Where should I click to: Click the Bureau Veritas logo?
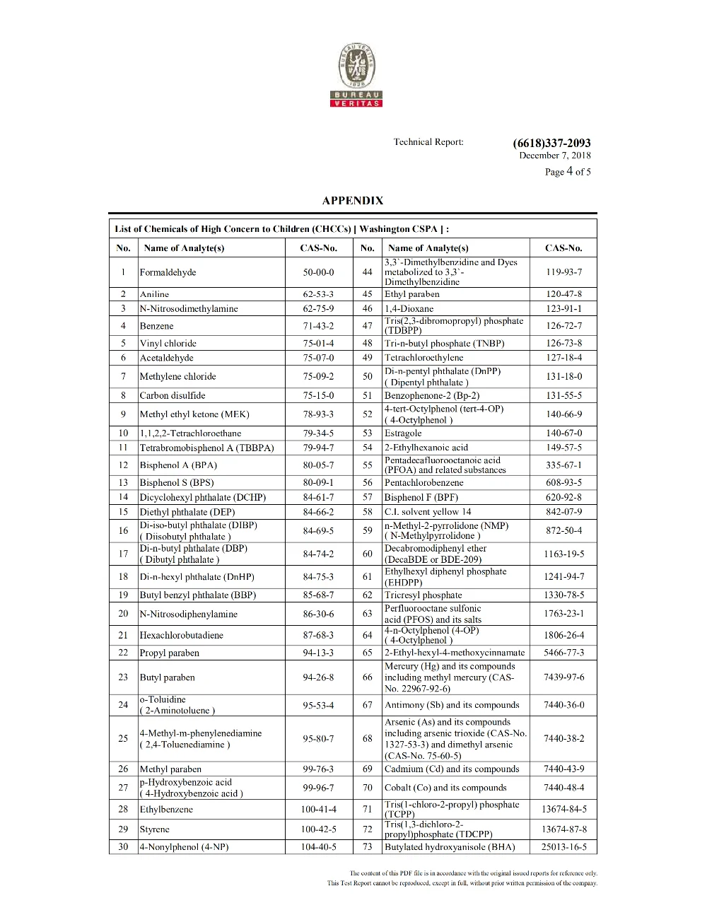pyautogui.click(x=356, y=75)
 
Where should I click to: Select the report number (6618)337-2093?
pyautogui.click(x=551, y=143)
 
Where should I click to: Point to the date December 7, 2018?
pyautogui.click(x=555, y=156)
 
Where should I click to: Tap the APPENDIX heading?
pyautogui.click(x=353, y=201)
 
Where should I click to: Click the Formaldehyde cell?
pyautogui.click(x=168, y=272)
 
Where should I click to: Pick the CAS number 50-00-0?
pyautogui.click(x=318, y=272)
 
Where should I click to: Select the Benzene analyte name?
pyautogui.click(x=157, y=326)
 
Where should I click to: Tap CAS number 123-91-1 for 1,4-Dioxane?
pyautogui.click(x=563, y=309)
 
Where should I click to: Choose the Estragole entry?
pyautogui.click(x=403, y=433)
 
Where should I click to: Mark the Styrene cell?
pyautogui.click(x=155, y=829)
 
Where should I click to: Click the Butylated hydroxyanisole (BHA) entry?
pyautogui.click(x=450, y=847)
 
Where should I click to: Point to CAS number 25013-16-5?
pyautogui.click(x=563, y=847)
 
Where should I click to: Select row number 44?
pyautogui.click(x=367, y=272)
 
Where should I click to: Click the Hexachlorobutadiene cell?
pyautogui.click(x=182, y=635)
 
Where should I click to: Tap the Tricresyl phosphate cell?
pyautogui.click(x=423, y=595)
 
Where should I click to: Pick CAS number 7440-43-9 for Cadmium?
pyautogui.click(x=563, y=769)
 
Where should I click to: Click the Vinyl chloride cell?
pyautogui.click(x=168, y=344)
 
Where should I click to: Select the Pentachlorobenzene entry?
pyautogui.click(x=424, y=483)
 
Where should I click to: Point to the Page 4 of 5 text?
pyautogui.click(x=568, y=172)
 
